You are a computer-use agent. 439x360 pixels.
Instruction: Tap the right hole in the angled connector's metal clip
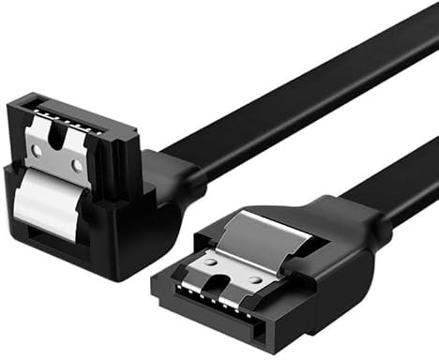75,165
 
